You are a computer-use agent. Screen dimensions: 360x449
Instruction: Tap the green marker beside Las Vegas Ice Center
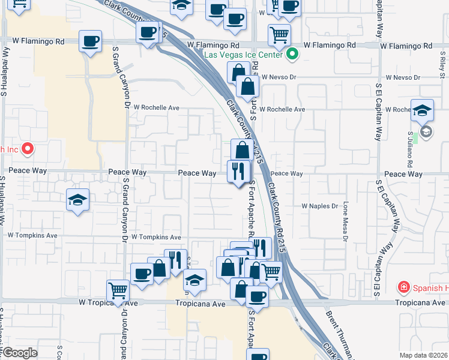point(292,55)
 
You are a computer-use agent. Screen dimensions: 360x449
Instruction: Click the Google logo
point(19,353)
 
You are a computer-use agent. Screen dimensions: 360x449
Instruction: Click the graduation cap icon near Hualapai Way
point(77,200)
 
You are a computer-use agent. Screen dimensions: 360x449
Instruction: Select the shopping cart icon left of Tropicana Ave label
point(118,290)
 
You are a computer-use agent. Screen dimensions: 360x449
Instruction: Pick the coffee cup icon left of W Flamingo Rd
point(91,41)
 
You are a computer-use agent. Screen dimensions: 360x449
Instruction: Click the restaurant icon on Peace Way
point(238,171)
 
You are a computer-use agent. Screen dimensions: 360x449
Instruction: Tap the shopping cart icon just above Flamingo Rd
point(279,35)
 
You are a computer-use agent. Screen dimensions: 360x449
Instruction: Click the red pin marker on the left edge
point(26,148)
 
